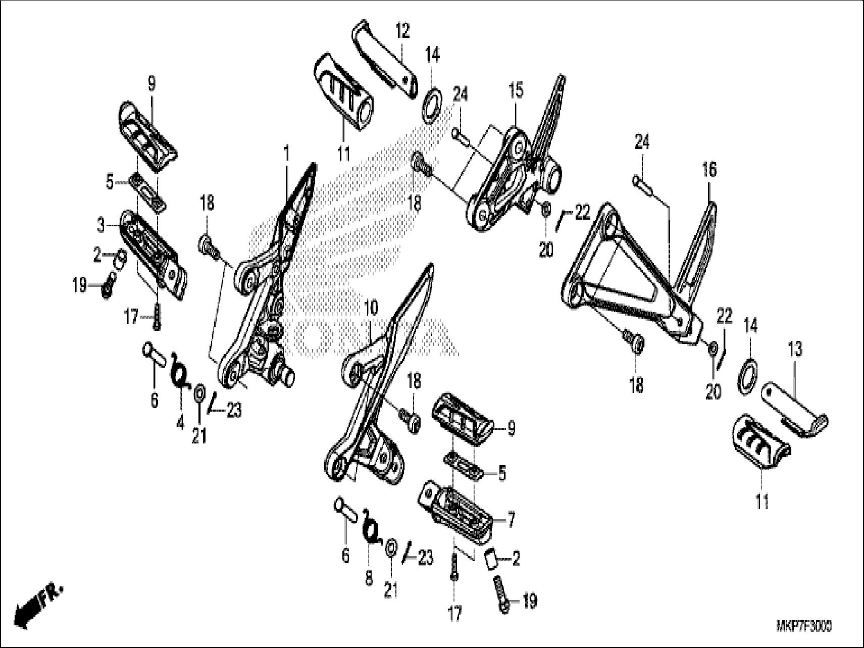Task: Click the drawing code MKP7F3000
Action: coord(803,627)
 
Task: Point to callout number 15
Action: coord(516,91)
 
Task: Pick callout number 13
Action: coord(794,350)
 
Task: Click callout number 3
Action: coord(101,226)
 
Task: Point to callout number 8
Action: coord(369,578)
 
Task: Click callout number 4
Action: coord(180,423)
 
